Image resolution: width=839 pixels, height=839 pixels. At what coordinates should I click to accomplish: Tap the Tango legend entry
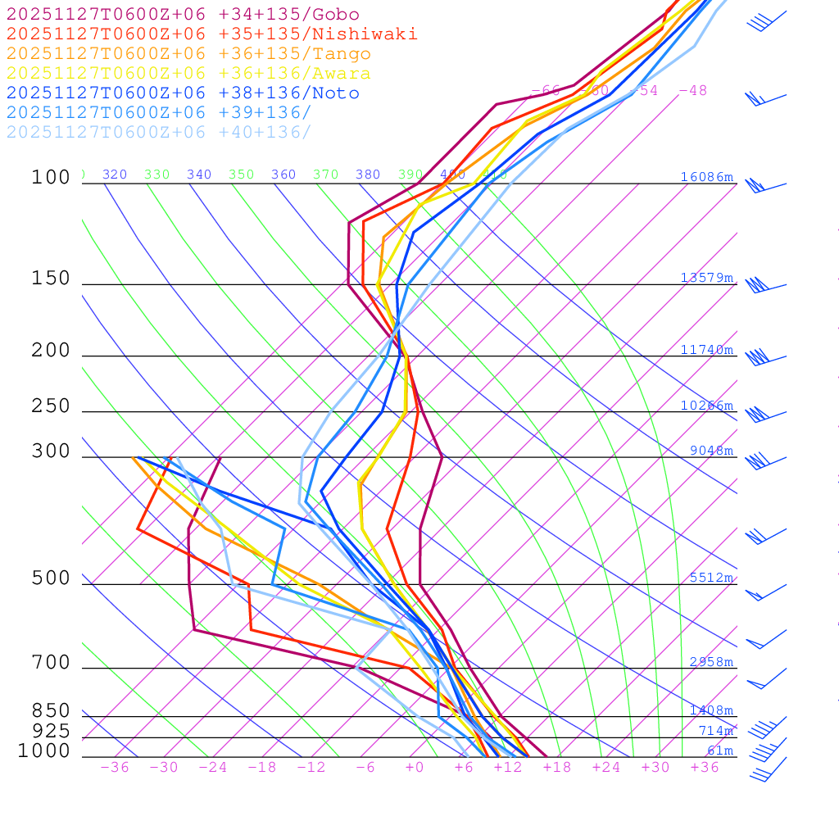point(188,54)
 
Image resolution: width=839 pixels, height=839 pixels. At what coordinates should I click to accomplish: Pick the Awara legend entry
point(188,74)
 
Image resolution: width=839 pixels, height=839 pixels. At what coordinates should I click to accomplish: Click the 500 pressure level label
point(51,578)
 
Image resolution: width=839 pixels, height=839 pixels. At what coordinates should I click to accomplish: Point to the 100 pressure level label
point(51,177)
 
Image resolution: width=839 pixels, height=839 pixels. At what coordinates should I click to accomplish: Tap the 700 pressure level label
point(51,663)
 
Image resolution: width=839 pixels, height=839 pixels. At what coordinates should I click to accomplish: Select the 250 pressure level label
point(51,406)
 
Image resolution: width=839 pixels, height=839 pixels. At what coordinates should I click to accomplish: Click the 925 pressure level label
point(51,731)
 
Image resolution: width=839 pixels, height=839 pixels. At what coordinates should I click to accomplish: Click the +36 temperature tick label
point(705,767)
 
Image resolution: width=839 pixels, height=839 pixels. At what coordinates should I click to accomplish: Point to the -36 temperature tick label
point(115,767)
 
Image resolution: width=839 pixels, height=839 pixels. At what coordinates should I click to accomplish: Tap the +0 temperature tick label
point(415,767)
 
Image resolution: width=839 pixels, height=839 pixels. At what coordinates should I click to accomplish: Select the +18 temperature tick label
point(557,767)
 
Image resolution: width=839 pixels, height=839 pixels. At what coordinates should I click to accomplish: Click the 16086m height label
point(706,177)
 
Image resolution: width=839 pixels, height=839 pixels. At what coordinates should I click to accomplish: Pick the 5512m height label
point(711,578)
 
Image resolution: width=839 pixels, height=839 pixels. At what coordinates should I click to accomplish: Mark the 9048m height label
point(711,451)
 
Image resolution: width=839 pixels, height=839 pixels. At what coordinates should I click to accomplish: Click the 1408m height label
point(711,710)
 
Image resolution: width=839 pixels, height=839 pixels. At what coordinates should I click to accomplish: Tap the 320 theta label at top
point(115,175)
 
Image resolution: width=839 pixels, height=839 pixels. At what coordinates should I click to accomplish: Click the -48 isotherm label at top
point(693,90)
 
